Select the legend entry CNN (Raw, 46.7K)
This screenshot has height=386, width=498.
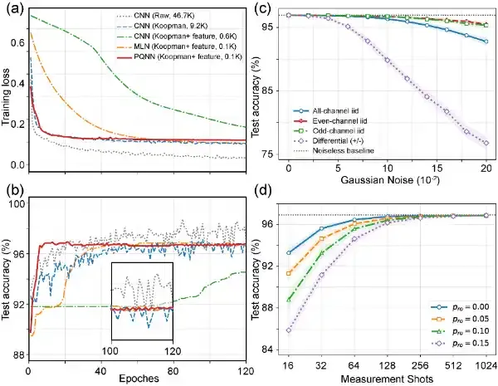pos(156,15)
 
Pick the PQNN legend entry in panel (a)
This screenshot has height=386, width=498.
pos(183,57)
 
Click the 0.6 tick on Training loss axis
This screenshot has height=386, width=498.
pos(17,42)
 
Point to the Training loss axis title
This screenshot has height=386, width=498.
pos(6,97)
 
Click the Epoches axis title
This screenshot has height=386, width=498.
pos(139,379)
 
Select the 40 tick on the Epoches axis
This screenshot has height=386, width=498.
pos(100,371)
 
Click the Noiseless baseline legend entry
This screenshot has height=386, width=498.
pos(334,150)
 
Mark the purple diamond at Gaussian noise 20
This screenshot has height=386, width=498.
pos(486,144)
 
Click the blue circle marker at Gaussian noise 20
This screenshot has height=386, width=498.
pos(486,42)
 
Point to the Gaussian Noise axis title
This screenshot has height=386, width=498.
pos(390,180)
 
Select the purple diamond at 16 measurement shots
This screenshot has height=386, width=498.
pos(288,330)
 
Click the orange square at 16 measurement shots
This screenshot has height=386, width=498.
pos(288,273)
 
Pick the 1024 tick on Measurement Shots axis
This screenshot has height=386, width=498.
pos(486,366)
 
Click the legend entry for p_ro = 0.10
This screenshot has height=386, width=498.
pos(460,331)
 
